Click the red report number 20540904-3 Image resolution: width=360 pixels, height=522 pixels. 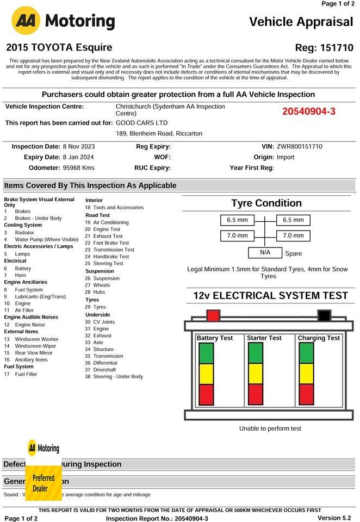point(309,111)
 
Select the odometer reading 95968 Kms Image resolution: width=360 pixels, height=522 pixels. point(79,167)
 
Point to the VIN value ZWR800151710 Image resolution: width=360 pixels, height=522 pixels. point(299,147)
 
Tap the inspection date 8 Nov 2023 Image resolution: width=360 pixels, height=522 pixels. point(79,147)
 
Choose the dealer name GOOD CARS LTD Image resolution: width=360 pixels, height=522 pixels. point(142,123)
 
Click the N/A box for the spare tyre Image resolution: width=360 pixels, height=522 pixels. point(265,253)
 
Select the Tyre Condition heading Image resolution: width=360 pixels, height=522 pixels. point(266,203)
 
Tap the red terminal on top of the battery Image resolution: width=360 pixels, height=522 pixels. point(213,315)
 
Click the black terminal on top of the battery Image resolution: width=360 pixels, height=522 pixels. point(324,315)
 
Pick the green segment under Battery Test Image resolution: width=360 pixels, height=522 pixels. point(206,353)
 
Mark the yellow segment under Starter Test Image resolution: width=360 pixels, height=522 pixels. point(256,374)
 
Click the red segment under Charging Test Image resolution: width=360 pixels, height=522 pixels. point(306,394)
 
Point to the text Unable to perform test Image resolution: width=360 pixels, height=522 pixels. point(270,428)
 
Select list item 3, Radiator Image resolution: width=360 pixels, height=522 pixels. point(24,232)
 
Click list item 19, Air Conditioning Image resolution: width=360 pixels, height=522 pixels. point(111,222)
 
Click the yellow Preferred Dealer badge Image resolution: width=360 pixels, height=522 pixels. point(44,483)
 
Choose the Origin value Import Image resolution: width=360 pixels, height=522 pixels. point(285,157)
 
